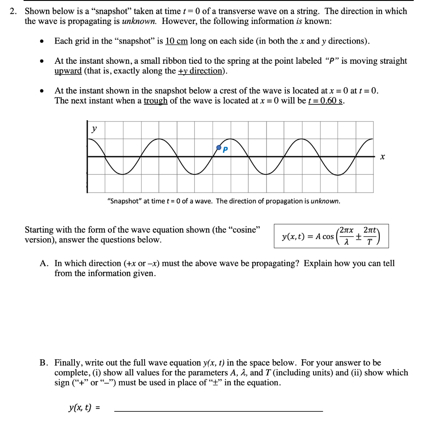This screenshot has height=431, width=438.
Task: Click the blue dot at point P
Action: pos(219,148)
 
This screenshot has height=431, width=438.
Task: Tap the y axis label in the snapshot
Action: pos(94,128)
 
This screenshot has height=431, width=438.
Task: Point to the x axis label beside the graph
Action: pos(382,158)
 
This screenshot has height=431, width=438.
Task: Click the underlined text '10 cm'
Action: pos(176,41)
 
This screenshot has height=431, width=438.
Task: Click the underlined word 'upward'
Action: pos(68,71)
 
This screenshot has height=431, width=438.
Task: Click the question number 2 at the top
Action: pos(13,12)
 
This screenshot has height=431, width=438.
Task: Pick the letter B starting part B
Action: pos(44,363)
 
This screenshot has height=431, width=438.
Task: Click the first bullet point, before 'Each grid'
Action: pos(41,42)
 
